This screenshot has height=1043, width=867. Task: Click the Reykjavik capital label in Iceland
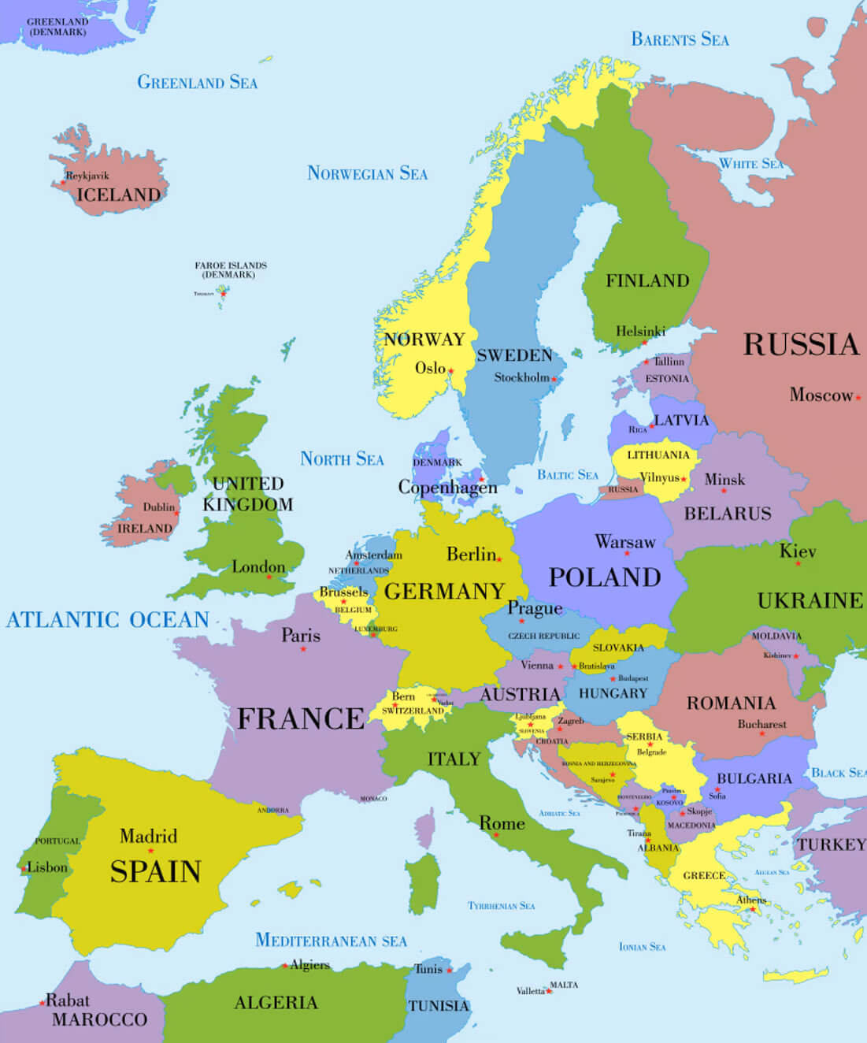(x=87, y=176)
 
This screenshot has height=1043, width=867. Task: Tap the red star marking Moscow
(x=858, y=398)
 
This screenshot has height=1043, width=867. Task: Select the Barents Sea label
(x=680, y=39)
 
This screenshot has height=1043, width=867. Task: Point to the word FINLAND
(x=647, y=280)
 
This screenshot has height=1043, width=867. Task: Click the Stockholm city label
(x=521, y=377)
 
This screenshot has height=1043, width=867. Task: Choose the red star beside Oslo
(x=451, y=370)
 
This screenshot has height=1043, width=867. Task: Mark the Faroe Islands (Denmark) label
(x=231, y=270)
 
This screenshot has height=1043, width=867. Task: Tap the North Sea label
(x=342, y=458)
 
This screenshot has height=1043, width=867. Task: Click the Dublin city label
(x=158, y=507)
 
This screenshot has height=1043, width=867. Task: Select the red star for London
(x=269, y=577)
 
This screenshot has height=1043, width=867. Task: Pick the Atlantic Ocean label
(x=108, y=620)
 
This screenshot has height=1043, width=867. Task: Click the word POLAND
(x=604, y=577)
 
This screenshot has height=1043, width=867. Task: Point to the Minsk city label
(x=724, y=479)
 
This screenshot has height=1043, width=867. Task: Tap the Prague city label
(x=535, y=608)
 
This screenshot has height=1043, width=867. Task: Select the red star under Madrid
(x=150, y=851)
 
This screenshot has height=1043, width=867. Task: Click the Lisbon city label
(x=47, y=867)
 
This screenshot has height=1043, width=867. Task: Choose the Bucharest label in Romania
(x=761, y=724)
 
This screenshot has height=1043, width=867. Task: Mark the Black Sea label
(x=838, y=773)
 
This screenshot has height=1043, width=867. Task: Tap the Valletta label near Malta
(x=530, y=991)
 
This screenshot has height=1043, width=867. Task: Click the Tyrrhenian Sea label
(x=501, y=906)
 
